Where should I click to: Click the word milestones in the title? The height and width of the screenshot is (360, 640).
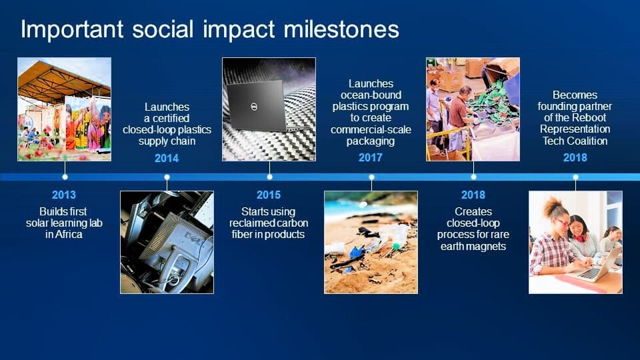[341, 30]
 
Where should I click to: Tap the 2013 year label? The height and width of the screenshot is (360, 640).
[64, 195]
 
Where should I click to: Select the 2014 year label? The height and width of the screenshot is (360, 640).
[167, 158]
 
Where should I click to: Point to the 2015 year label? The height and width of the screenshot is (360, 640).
[269, 195]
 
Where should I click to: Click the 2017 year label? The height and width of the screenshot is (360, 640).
[371, 157]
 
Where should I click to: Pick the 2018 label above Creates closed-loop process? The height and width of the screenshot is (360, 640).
[473, 195]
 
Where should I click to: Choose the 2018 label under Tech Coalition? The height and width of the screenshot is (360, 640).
[575, 157]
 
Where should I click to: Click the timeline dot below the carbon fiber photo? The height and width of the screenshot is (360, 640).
[269, 177]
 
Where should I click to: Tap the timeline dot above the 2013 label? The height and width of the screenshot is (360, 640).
[65, 177]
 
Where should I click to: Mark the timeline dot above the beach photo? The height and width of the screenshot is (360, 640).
[371, 177]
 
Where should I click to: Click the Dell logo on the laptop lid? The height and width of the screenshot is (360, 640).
[253, 107]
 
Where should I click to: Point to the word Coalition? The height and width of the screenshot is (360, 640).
[587, 141]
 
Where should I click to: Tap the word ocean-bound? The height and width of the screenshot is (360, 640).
[371, 95]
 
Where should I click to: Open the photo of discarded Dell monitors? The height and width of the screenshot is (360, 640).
[167, 242]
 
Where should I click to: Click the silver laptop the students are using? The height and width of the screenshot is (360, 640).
[594, 266]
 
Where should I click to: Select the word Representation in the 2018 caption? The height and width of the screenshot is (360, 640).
[575, 129]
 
